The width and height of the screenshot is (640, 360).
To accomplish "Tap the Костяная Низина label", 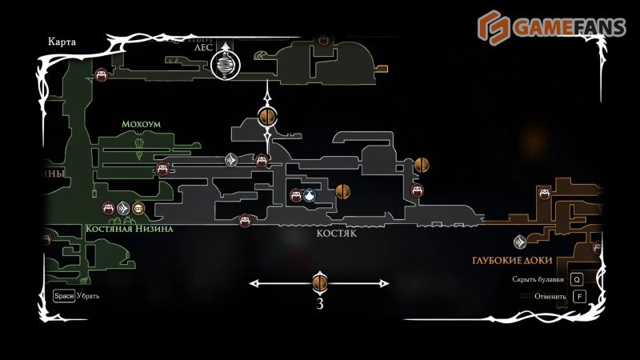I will [130, 229].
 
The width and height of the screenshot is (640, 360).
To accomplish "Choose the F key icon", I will [579, 297].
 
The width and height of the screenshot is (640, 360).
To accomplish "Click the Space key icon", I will [64, 296].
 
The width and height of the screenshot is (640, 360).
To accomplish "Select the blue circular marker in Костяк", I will [309, 195].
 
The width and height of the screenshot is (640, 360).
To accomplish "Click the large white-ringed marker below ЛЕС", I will [226, 66].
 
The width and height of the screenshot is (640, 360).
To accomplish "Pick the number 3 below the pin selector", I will [320, 304].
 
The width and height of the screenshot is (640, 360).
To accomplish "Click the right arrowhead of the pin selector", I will [386, 283].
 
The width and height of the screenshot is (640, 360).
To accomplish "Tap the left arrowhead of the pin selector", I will [254, 283].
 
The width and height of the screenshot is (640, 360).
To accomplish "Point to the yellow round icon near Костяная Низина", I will [138, 209].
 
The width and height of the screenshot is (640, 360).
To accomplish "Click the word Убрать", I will [88, 296].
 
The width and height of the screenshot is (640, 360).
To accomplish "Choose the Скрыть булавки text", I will [538, 280].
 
